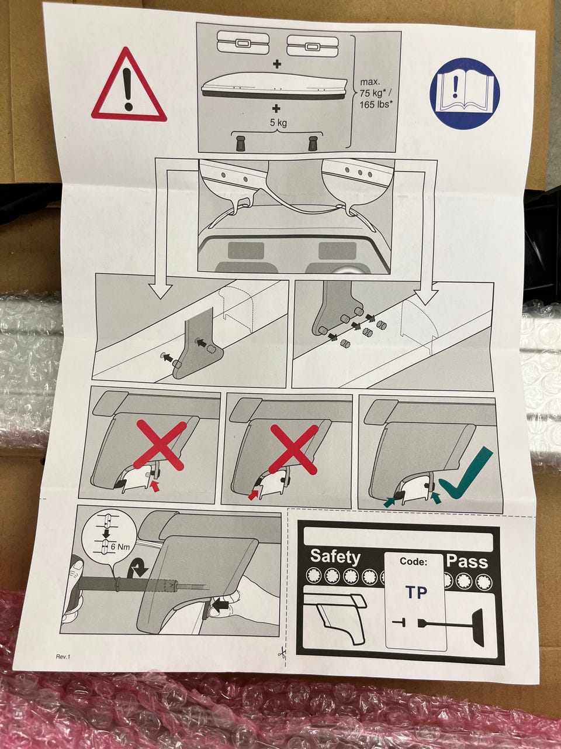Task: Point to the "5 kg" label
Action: click(278, 122)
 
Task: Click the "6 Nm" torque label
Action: click(120, 547)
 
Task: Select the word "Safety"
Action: click(335, 557)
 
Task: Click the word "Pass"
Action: click(467, 561)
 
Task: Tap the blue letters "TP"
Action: click(417, 592)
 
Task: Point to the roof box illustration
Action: click(275, 87)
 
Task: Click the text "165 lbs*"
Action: click(375, 104)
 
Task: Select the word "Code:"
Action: click(413, 561)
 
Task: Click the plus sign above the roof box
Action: click(278, 64)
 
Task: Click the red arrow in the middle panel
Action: click(253, 494)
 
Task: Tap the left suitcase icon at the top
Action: click(243, 43)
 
